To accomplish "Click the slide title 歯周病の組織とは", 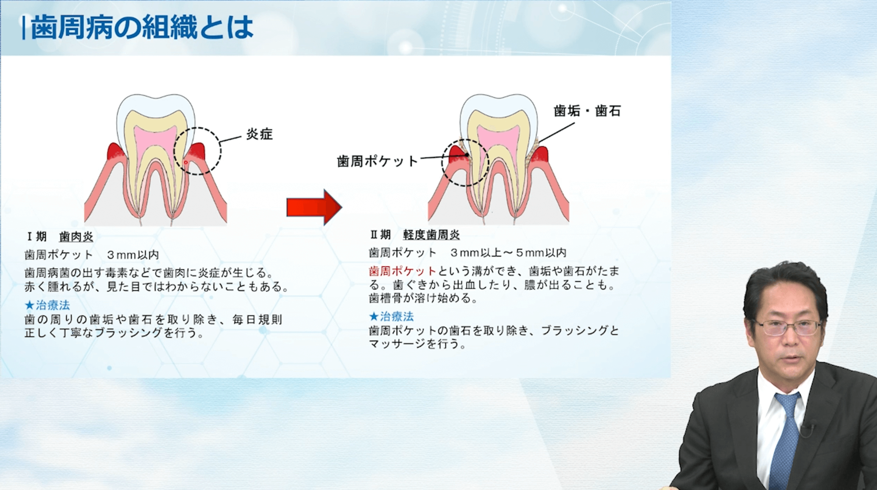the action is coord(142,27).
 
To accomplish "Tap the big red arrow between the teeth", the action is coord(314,207).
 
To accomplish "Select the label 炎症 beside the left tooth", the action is coord(259,134).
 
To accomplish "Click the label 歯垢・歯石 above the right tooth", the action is coord(587,111).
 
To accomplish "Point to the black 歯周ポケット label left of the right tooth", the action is coord(378,161).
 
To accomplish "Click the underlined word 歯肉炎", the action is coord(76,237).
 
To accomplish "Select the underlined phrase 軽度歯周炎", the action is coord(431,235).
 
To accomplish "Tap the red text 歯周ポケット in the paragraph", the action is coord(403,271).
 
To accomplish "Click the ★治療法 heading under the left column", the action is coord(47,305).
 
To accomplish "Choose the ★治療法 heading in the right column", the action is coord(392,316).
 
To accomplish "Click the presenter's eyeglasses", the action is coord(787,327).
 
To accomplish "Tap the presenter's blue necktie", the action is coord(786,439).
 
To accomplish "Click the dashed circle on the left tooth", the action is coord(197,128).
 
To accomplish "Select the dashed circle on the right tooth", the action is coord(465,139).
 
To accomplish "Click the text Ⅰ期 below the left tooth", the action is coord(36,237).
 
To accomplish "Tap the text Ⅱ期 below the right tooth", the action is coord(380,235).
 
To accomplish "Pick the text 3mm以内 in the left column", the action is coord(133,255).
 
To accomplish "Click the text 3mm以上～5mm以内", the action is coord(509,253).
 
